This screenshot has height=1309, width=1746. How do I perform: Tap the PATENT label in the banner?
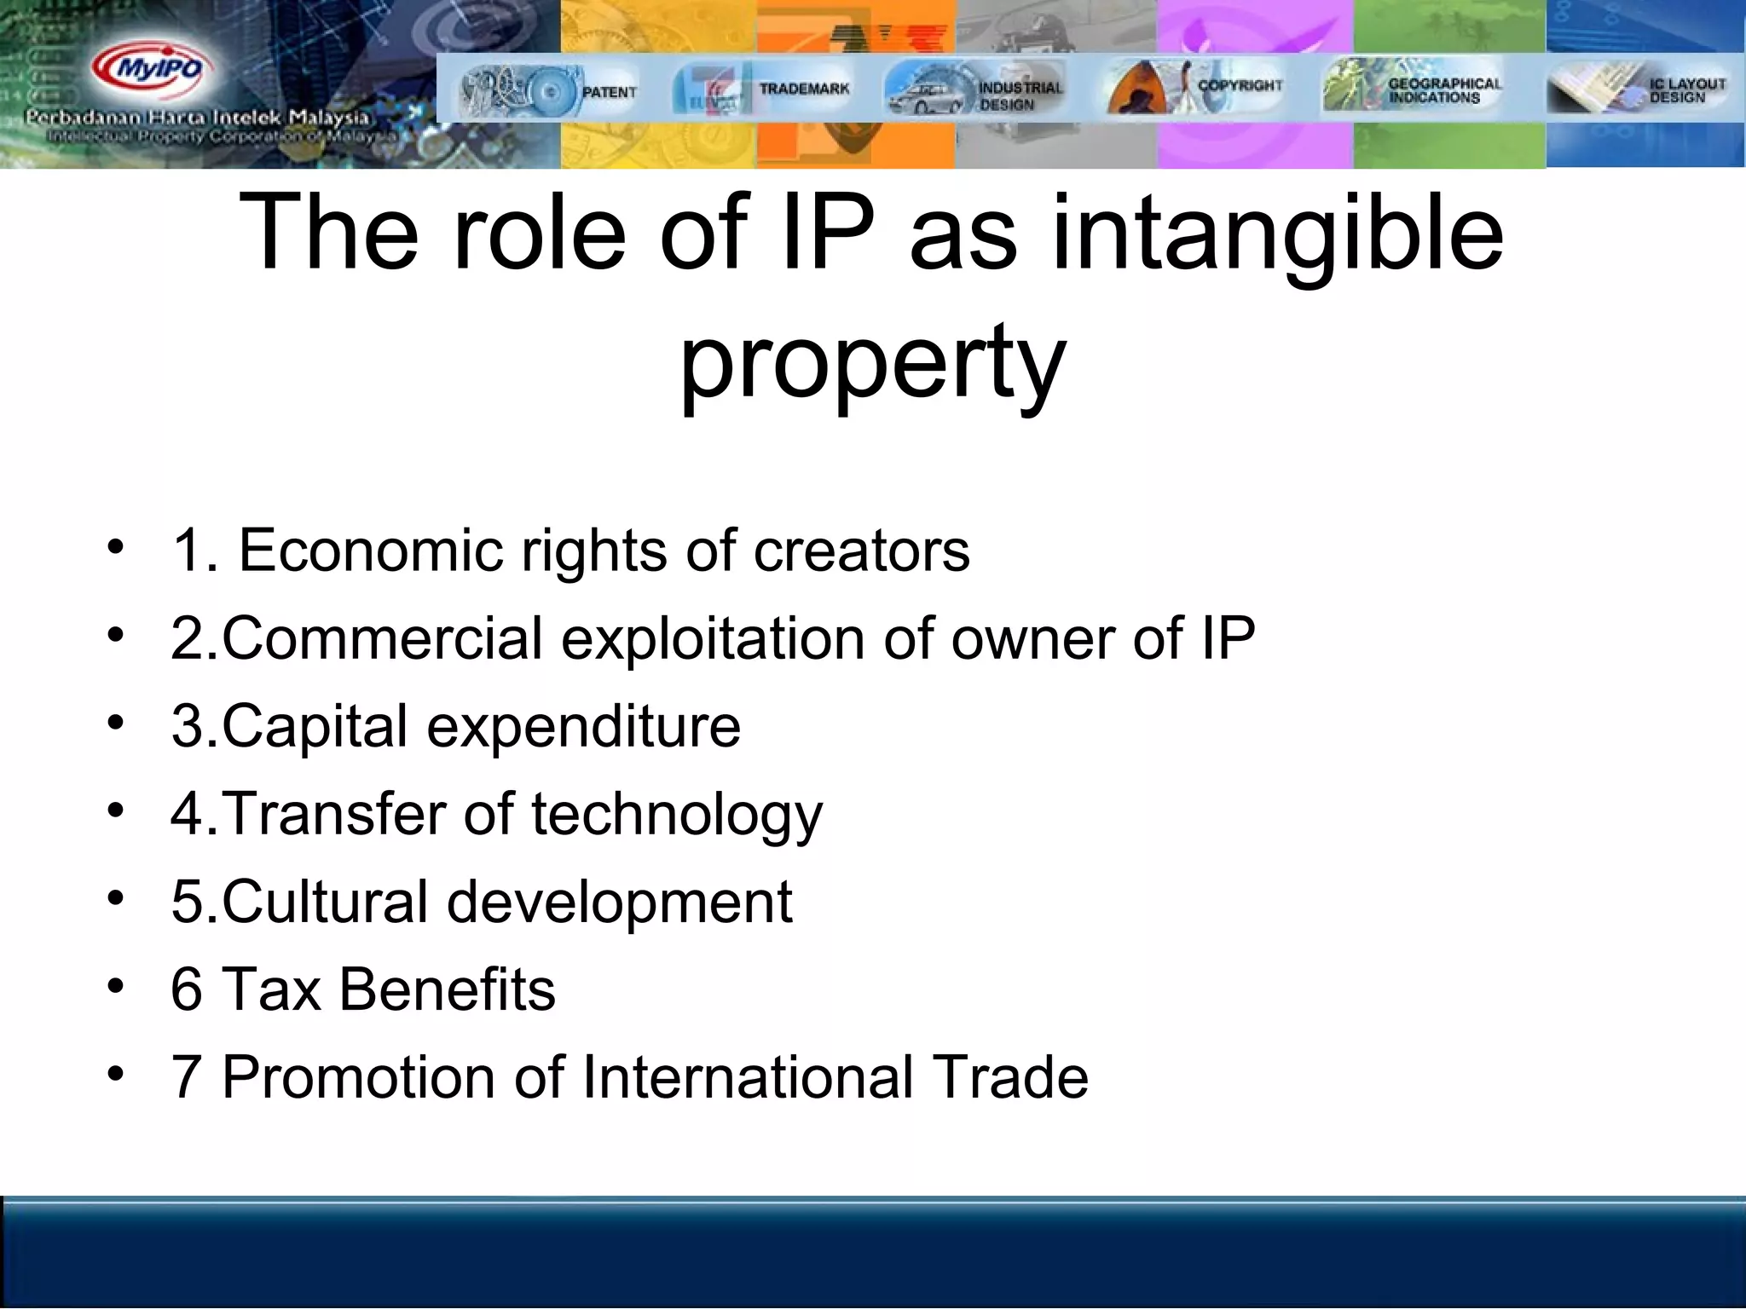click(609, 92)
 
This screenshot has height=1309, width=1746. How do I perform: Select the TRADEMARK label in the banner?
click(804, 89)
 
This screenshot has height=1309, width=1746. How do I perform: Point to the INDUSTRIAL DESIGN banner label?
click(1020, 95)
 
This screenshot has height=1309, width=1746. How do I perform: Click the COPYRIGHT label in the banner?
click(1240, 85)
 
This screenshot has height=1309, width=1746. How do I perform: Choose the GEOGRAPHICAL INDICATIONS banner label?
click(1444, 90)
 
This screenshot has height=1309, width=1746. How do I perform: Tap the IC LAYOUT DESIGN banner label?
click(1686, 90)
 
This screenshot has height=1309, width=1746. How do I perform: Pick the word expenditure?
click(583, 727)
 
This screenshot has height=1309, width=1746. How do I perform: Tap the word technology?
click(677, 815)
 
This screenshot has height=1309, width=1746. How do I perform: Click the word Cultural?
click(324, 902)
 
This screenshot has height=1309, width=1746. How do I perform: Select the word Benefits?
click(447, 989)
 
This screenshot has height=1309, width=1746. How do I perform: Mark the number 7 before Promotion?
click(186, 1077)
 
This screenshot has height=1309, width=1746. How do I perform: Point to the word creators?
click(861, 551)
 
